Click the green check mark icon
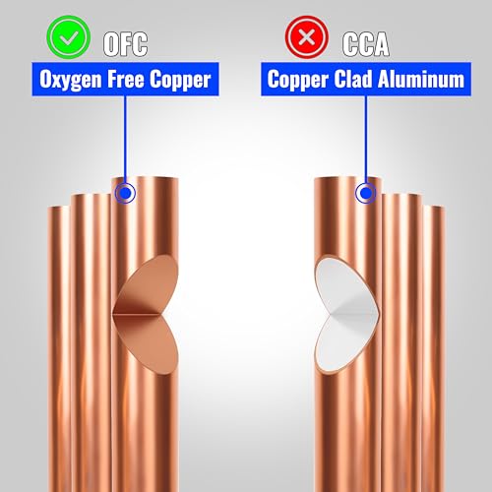click(x=69, y=37)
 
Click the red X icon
click(x=307, y=37)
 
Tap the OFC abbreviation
click(x=125, y=44)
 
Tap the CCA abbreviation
click(x=366, y=44)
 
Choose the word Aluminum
click(x=421, y=79)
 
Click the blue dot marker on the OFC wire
click(x=125, y=193)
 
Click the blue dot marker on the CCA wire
click(x=366, y=193)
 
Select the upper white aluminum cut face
click(x=344, y=285)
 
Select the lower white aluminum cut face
click(x=344, y=342)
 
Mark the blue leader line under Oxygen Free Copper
click(x=125, y=140)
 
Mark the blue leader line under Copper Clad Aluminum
click(x=366, y=140)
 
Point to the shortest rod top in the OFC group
click(x=59, y=208)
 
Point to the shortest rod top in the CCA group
click(x=434, y=208)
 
